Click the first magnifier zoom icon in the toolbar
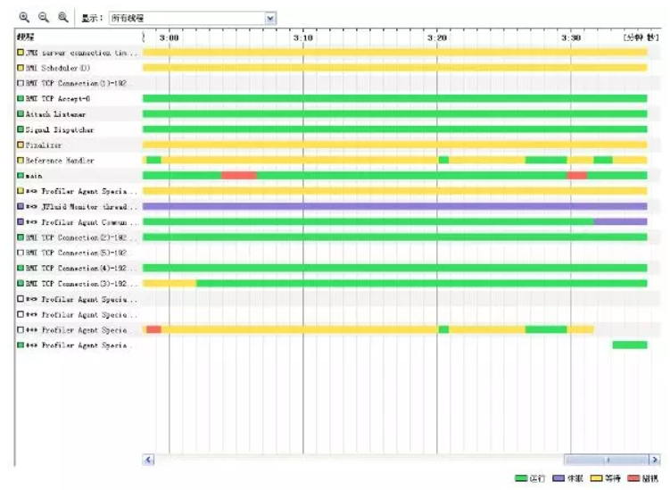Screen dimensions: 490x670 pyautogui.click(x=23, y=17)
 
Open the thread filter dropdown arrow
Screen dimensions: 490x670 pyautogui.click(x=270, y=18)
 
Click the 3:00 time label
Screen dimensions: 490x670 pyautogui.click(x=169, y=37)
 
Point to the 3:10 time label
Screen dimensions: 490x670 pyautogui.click(x=302, y=37)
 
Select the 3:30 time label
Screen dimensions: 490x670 pyautogui.click(x=571, y=37)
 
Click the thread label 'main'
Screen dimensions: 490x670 pyautogui.click(x=34, y=176)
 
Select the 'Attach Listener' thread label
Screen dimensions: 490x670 pyautogui.click(x=55, y=114)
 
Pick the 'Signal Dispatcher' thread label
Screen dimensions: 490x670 pyautogui.click(x=59, y=129)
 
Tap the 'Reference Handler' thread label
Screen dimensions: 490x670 pyautogui.click(x=59, y=161)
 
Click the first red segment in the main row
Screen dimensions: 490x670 pyautogui.click(x=239, y=176)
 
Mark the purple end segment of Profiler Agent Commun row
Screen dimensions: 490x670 pyautogui.click(x=620, y=221)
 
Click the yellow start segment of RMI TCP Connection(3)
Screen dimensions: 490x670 pyautogui.click(x=170, y=283)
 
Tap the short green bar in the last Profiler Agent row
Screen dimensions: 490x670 pyautogui.click(x=629, y=345)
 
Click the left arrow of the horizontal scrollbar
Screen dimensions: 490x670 pyautogui.click(x=149, y=460)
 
